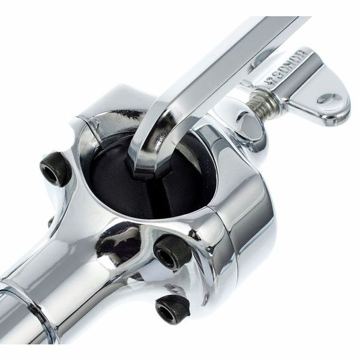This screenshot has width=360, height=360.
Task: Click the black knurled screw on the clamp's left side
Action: click(56, 167)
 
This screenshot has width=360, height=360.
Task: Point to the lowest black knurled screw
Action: click(173, 308)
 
